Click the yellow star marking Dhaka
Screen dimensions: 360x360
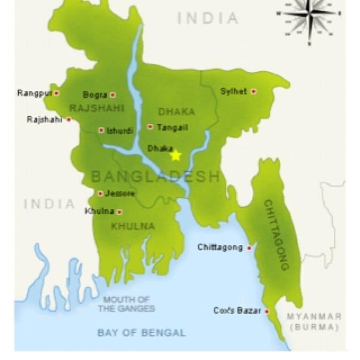pos(175,155)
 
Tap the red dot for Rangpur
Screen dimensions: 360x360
pos(57,93)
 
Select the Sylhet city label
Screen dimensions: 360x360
pos(233,91)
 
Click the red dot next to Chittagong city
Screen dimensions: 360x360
pos(249,248)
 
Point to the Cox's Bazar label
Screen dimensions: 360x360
pos(237,311)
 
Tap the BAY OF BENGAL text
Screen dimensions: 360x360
pos(142,333)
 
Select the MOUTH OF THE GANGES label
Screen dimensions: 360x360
pos(126,304)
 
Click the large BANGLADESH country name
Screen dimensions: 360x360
pos(155,177)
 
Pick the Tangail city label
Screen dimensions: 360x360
pos(172,127)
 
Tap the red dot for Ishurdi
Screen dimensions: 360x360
pos(101,130)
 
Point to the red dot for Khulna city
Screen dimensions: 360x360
pos(120,212)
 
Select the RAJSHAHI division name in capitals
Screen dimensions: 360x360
pos(97,108)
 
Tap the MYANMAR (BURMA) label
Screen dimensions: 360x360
pos(314,322)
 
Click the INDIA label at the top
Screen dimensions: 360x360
pos(208,19)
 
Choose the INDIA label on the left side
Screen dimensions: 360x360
pos(50,204)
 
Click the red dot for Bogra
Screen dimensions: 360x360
pos(112,95)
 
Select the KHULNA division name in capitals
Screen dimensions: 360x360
pos(133,226)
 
